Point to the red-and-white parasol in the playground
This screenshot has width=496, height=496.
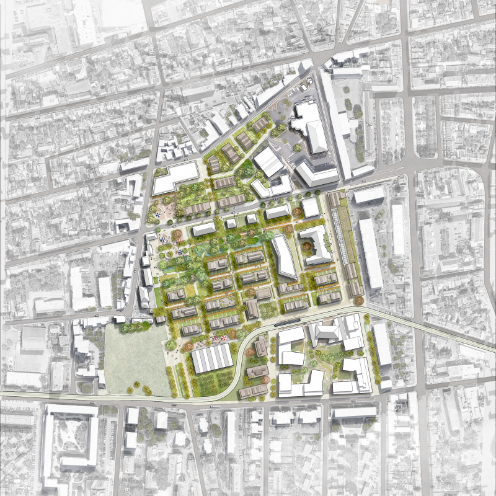click(x=217, y=339)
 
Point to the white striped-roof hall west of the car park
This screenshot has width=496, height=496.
click(x=268, y=161)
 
